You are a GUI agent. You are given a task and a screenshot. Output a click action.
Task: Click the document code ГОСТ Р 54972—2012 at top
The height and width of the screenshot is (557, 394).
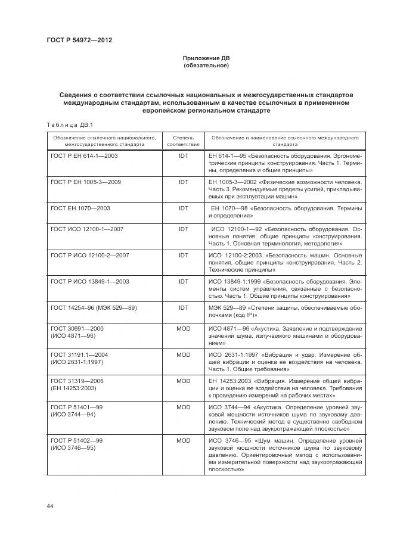[x=79, y=40]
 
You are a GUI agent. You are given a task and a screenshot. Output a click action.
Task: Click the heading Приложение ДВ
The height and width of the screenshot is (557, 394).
[x=206, y=58]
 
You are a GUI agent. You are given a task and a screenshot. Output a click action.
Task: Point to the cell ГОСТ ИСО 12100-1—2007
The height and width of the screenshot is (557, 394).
[x=86, y=229]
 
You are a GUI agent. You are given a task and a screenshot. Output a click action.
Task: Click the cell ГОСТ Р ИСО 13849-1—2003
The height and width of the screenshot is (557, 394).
[x=89, y=281]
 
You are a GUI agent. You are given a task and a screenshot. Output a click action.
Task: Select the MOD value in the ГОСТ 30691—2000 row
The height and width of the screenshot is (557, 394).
[x=183, y=328]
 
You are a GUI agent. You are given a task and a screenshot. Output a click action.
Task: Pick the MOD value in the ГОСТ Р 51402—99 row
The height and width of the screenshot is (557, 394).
[x=183, y=440]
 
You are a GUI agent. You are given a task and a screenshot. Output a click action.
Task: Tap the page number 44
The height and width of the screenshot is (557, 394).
[x=50, y=506]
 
